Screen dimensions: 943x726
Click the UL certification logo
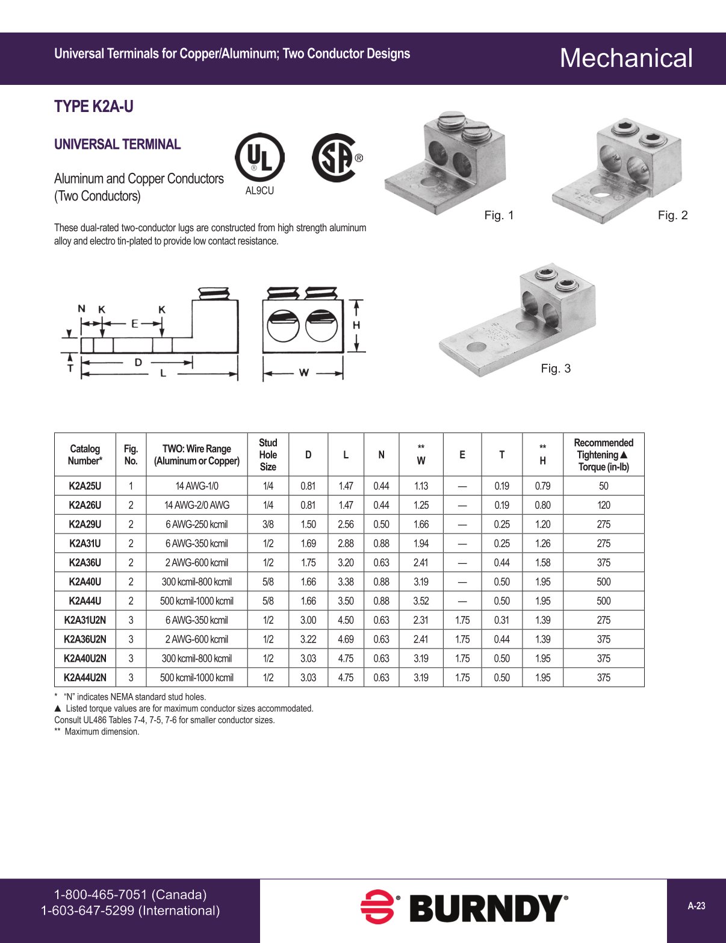259,158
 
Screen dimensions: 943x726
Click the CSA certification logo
335,158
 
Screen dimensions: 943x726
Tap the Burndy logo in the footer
464,907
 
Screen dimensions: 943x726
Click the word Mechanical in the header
626,58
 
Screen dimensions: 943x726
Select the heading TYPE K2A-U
94,107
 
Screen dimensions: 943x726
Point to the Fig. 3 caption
555,369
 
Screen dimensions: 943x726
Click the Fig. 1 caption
499,215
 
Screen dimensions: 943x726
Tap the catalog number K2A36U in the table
85,562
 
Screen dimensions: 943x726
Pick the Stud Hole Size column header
268,455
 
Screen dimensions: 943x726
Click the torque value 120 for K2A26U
603,505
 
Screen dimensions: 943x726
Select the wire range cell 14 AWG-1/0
197,486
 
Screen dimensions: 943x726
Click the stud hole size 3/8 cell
268,524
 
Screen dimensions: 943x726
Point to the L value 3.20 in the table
346,562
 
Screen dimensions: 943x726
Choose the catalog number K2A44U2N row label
85,677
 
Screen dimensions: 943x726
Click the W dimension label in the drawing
304,373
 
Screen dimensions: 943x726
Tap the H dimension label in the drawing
356,325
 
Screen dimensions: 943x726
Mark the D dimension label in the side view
138,362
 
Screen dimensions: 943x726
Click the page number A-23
697,906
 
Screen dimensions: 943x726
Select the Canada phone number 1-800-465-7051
130,894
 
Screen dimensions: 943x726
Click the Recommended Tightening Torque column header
603,455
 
